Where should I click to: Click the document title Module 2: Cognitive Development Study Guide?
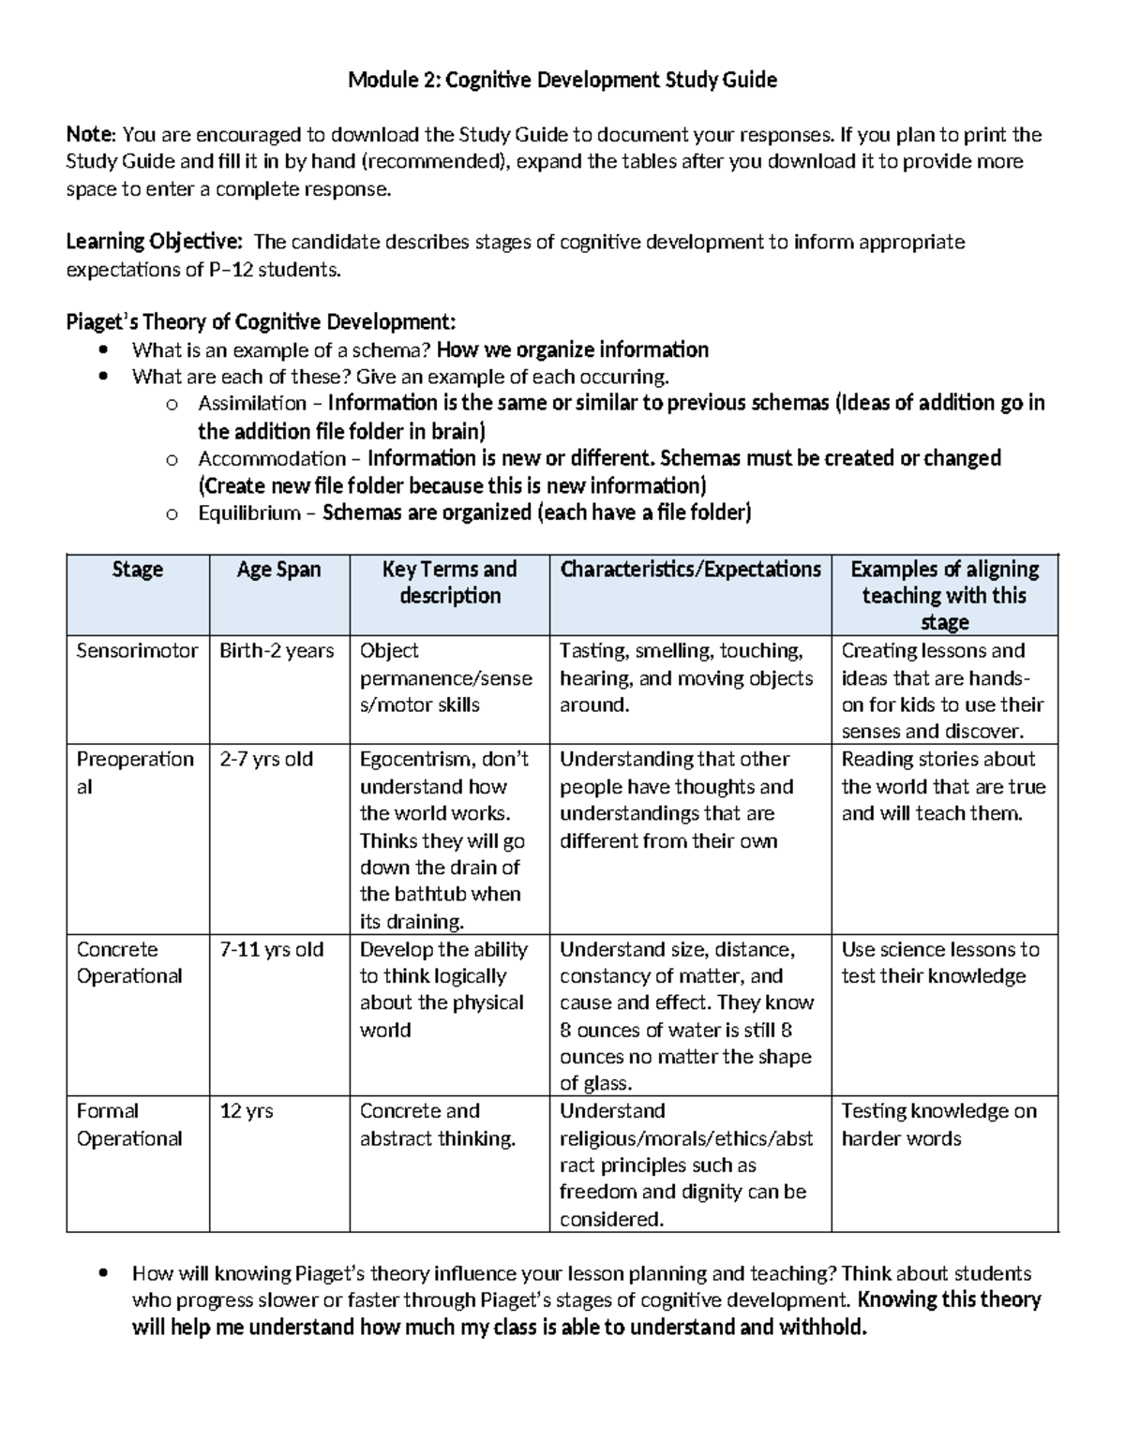tap(562, 80)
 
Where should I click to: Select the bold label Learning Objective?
tap(153, 243)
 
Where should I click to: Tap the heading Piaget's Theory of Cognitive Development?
tap(261, 323)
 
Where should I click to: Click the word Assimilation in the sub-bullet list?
tap(252, 404)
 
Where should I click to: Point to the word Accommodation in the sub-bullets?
tap(271, 459)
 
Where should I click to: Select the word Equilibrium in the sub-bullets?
tap(248, 513)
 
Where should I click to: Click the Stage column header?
tap(137, 570)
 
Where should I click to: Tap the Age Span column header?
tap(278, 570)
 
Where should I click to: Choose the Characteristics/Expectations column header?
tap(690, 570)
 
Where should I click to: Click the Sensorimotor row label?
tap(137, 651)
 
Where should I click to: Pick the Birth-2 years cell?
tap(277, 651)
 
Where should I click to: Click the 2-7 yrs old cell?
tap(266, 760)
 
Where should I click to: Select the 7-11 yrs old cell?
tap(271, 950)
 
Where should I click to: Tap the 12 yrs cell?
tap(246, 1112)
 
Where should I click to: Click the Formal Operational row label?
tap(128, 1125)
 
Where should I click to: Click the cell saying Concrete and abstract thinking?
tap(437, 1125)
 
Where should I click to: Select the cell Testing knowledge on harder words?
tap(938, 1125)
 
